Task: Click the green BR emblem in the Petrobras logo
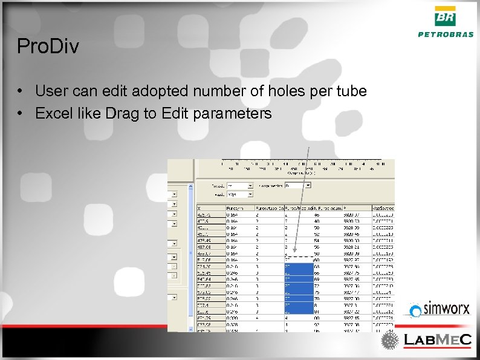coord(446,16)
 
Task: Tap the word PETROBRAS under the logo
coord(446,34)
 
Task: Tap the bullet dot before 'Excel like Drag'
coord(21,114)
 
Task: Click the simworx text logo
coord(446,310)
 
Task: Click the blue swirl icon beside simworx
coord(415,311)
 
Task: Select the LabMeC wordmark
coord(437,341)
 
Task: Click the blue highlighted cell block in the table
coord(298,287)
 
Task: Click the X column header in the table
coord(200,208)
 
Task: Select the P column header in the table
coord(346,208)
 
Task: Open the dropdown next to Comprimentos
coord(308,185)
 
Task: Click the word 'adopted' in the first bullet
coord(164,91)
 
